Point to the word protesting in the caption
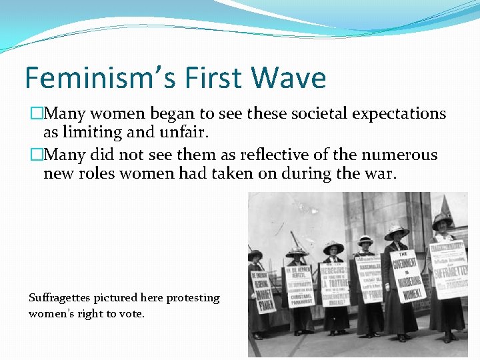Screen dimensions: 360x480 (194, 298)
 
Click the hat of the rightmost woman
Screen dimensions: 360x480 (443, 220)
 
